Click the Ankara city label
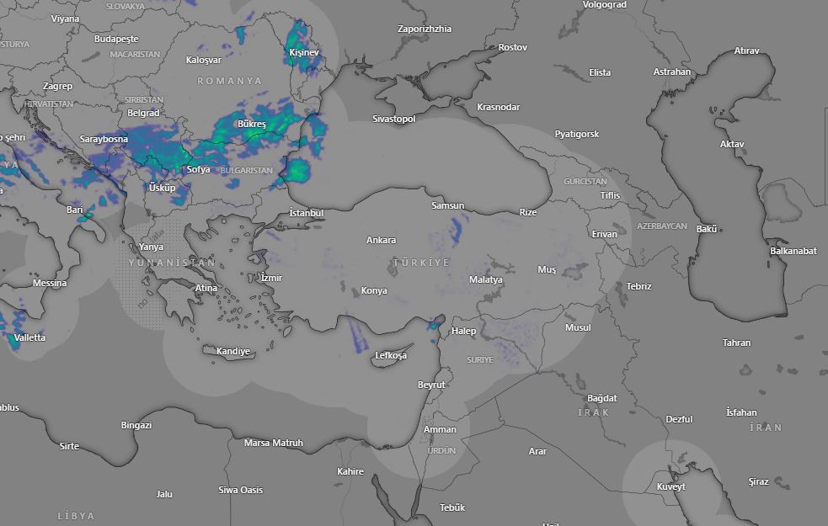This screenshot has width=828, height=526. pos(381,240)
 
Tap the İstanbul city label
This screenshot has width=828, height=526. pos(306,213)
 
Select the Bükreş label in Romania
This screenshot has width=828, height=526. pos(251,124)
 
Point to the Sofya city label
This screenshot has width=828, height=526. pos(198,169)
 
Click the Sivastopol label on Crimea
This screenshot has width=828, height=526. pos(394,119)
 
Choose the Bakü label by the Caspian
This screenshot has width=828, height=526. pos(706,229)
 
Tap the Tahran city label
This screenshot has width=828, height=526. pos(736,343)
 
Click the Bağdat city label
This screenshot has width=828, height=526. pos(602,398)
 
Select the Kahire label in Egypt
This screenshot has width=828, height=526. pos(350,471)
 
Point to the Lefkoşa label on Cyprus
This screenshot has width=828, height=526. pos(391,355)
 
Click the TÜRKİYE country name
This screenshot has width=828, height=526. pos(421,263)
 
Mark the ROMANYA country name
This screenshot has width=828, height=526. pos(230,81)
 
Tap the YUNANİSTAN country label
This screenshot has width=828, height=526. pos(172,263)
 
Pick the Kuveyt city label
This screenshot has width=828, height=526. pos(670,486)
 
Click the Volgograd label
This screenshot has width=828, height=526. pos(605,4)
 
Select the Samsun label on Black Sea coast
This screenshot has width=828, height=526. pos(447,205)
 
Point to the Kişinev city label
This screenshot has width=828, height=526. pos(304,52)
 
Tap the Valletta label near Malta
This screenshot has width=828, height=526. pos(29,337)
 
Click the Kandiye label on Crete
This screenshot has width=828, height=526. pos(233,351)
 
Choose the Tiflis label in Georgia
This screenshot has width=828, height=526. pos(610,195)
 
